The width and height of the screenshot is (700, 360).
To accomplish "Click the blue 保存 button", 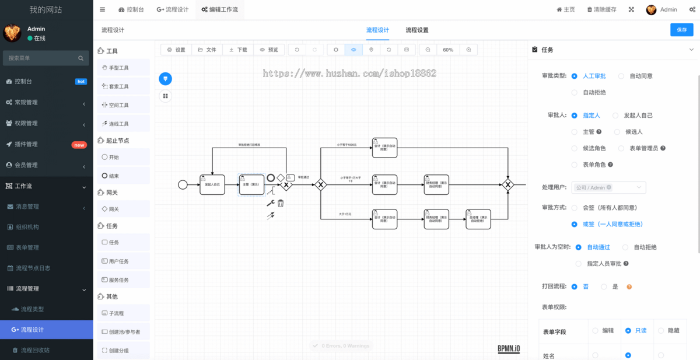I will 681,30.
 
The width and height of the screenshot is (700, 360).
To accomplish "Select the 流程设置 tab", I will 416,30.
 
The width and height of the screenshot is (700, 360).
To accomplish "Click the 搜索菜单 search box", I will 45,58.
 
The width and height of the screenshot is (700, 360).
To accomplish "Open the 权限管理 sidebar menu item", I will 26,123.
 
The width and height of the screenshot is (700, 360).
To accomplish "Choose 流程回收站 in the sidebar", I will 35,350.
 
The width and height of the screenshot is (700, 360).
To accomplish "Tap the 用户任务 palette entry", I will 119,261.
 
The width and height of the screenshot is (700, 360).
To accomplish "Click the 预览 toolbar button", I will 269,50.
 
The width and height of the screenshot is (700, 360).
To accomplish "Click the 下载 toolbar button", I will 238,50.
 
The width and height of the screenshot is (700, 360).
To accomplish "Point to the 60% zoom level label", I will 448,50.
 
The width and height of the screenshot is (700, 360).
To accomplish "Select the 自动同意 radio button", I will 621,76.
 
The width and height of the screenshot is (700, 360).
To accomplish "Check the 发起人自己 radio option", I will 617,116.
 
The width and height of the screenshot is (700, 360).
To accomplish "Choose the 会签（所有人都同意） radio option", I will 575,207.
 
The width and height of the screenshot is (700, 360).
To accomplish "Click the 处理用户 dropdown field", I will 609,187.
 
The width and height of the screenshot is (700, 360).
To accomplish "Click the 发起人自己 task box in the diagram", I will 212,184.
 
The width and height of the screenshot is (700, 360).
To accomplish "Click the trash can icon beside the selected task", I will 281,203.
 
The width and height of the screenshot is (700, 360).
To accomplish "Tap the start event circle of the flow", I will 183,184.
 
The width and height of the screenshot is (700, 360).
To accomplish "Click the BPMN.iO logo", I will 509,348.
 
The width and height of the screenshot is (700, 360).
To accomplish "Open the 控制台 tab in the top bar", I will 130,9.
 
